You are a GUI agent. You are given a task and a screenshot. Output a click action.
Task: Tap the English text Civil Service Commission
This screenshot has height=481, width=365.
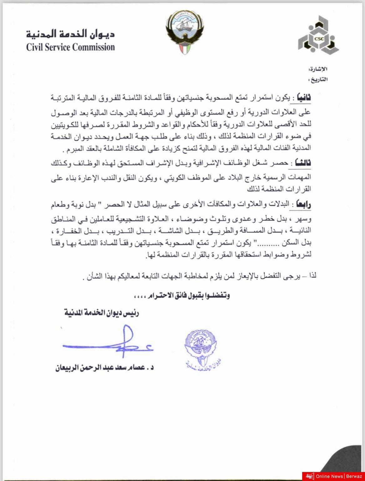pos(71,47)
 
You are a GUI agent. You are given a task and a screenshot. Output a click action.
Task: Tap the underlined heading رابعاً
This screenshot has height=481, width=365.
pos(303,205)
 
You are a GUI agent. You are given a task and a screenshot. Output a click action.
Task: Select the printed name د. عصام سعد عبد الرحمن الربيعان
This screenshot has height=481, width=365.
pos(104,368)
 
